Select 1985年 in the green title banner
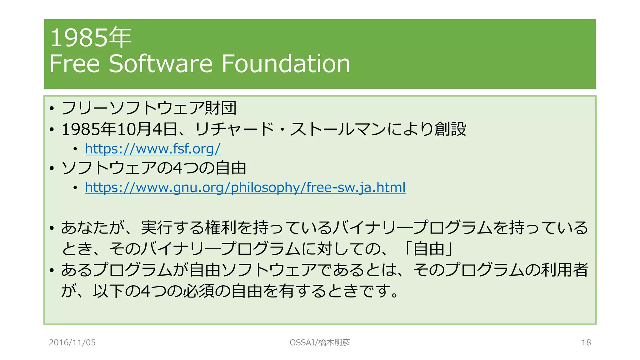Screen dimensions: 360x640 coord(91,37)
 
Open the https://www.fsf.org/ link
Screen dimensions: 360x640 coord(152,149)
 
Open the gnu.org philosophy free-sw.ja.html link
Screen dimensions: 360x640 coord(245,187)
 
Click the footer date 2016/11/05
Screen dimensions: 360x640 coord(72,342)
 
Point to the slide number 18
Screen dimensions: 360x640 coord(586,342)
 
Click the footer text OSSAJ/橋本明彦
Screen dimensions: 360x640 coord(320,342)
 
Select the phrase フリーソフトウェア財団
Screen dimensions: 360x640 coord(149,108)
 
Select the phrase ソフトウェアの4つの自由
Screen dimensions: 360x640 coord(154,168)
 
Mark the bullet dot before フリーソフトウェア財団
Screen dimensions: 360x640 coord(52,108)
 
